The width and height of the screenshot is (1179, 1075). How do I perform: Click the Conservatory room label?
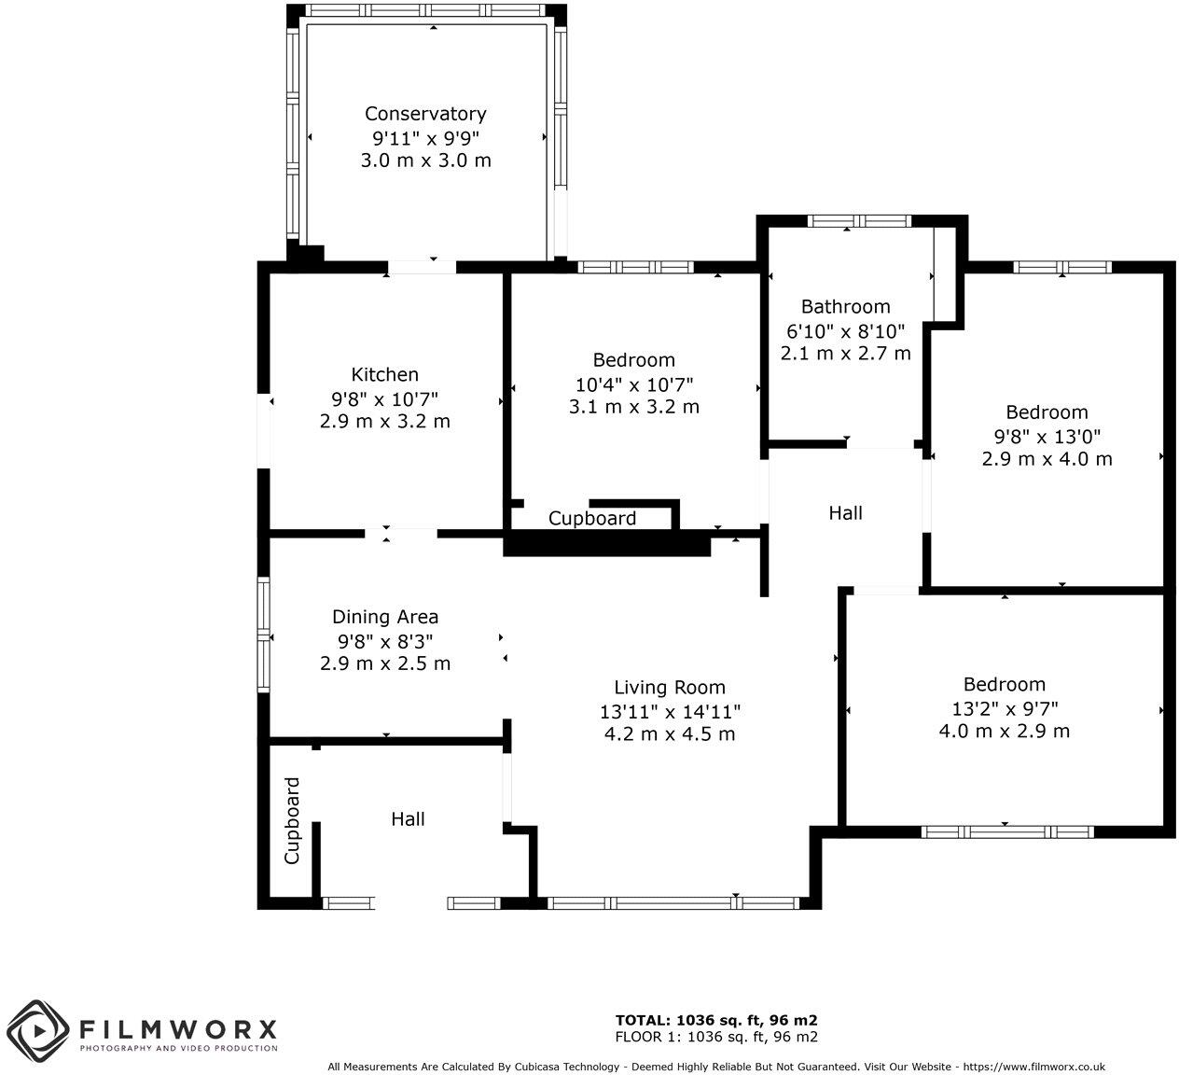[425, 114]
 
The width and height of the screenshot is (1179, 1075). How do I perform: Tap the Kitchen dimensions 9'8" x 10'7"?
[384, 398]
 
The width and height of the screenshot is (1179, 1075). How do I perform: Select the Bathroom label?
[845, 307]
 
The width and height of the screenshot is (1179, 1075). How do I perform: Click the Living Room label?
[669, 688]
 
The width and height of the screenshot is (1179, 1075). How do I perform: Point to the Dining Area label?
[384, 617]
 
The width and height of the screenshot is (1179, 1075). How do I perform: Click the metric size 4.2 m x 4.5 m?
[669, 734]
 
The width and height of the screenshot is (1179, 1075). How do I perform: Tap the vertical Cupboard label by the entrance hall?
[292, 820]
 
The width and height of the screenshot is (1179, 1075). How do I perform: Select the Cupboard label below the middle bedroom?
[591, 519]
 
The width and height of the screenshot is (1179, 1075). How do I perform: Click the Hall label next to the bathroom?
[845, 513]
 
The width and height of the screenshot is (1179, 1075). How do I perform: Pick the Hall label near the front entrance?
[408, 819]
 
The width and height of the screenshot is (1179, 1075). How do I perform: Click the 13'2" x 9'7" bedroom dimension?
[1004, 708]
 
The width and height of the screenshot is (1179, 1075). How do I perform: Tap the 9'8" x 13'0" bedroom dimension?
[1047, 436]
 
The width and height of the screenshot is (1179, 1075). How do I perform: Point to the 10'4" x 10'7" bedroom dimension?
[633, 384]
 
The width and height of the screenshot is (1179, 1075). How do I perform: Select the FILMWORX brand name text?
[178, 1029]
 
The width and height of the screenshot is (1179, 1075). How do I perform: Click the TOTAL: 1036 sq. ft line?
[716, 1020]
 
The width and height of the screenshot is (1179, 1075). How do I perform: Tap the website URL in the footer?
[1033, 1067]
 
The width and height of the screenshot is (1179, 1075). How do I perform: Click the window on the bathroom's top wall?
[858, 221]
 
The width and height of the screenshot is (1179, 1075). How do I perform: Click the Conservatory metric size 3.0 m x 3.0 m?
[425, 161]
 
